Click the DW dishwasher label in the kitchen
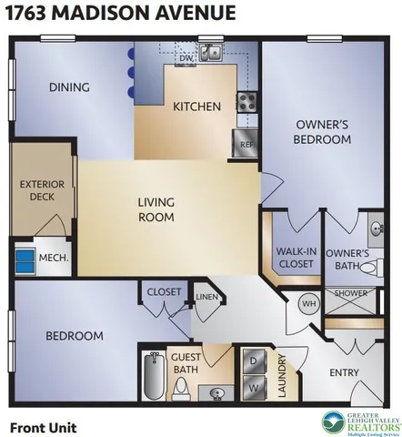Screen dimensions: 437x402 click(x=185, y=58)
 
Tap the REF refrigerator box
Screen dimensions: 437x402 click(x=245, y=144)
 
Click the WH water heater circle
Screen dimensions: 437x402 click(x=307, y=302)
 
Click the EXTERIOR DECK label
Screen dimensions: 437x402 click(x=42, y=190)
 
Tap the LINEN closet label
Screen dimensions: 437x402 click(x=206, y=297)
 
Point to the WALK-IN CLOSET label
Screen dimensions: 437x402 click(x=295, y=257)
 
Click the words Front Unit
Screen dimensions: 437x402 click(x=43, y=426)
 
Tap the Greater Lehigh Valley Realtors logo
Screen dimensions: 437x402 click(x=360, y=423)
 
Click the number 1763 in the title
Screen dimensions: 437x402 click(x=28, y=13)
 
